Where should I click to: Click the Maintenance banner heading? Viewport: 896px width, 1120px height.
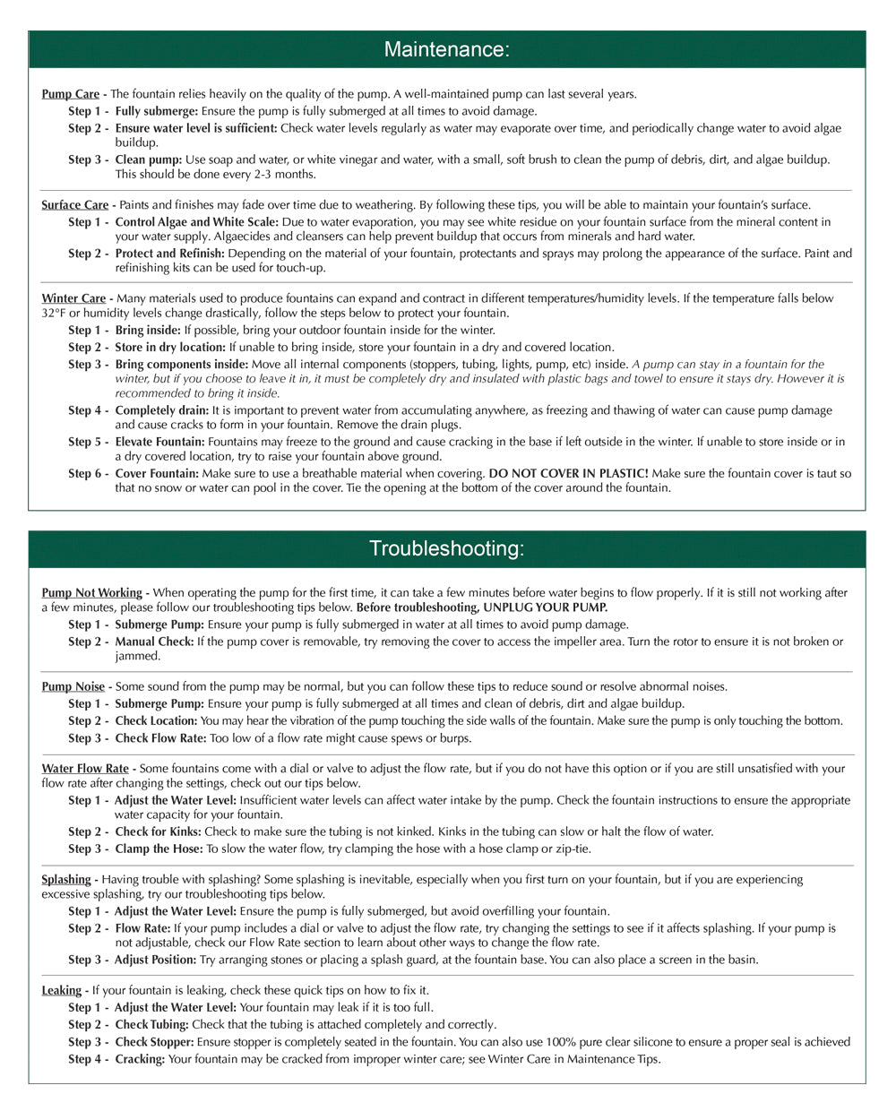(x=446, y=49)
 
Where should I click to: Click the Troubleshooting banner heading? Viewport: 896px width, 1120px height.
(x=446, y=548)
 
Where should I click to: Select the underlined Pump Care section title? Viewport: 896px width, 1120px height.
(x=70, y=94)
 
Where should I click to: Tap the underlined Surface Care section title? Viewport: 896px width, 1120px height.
(x=74, y=205)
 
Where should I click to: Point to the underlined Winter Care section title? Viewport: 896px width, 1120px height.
(x=73, y=298)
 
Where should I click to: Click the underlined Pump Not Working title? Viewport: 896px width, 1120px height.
(x=91, y=593)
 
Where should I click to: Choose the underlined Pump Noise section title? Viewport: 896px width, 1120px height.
(x=73, y=687)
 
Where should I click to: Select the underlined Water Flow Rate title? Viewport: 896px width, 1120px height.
(x=85, y=769)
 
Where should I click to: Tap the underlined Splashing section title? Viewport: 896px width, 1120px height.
(x=66, y=880)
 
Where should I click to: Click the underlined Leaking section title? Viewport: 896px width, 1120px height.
(x=61, y=991)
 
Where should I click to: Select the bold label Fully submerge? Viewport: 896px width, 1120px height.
(x=156, y=111)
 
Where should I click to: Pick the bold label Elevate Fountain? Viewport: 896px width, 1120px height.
(x=159, y=442)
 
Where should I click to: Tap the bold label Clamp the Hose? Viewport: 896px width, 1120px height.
(x=159, y=849)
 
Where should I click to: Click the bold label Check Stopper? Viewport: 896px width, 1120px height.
(x=154, y=1042)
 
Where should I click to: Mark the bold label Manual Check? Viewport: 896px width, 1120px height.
(x=154, y=642)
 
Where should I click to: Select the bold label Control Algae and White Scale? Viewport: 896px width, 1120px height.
(x=196, y=222)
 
